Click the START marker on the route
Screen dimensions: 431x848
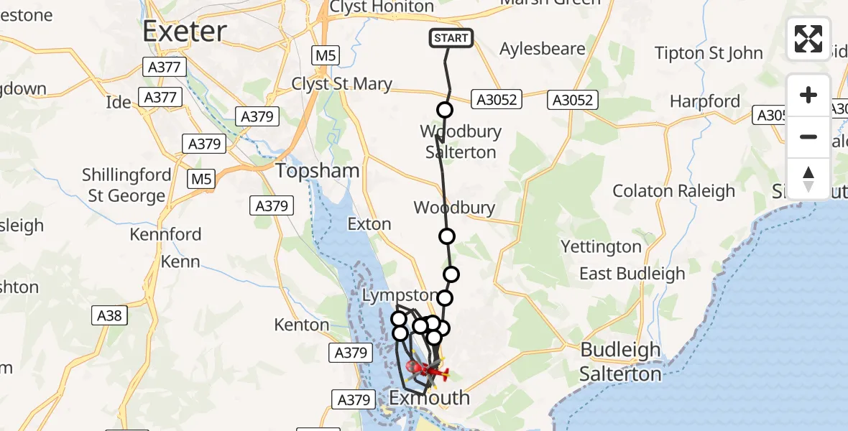coord(451,38)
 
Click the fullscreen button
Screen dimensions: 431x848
coord(808,39)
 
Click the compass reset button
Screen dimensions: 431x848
coord(808,179)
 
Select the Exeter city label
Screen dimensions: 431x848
coord(185,31)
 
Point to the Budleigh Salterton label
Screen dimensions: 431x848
coord(620,362)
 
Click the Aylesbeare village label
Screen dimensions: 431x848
coord(543,49)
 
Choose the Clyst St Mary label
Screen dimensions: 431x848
coord(341,84)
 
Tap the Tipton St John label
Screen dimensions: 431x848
coord(709,53)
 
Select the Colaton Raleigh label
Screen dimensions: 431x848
coord(673,191)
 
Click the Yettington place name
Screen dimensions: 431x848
coord(601,247)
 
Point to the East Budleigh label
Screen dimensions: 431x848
coord(632,274)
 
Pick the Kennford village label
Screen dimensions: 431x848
coord(166,234)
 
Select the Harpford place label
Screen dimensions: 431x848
coord(704,101)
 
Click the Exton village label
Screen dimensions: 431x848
coord(369,224)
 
